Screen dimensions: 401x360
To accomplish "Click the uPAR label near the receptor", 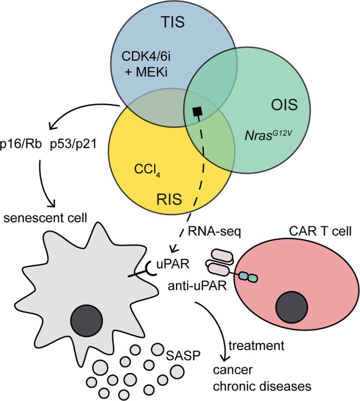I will [x=168, y=261].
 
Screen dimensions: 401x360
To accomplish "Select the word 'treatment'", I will [x=255, y=346].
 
